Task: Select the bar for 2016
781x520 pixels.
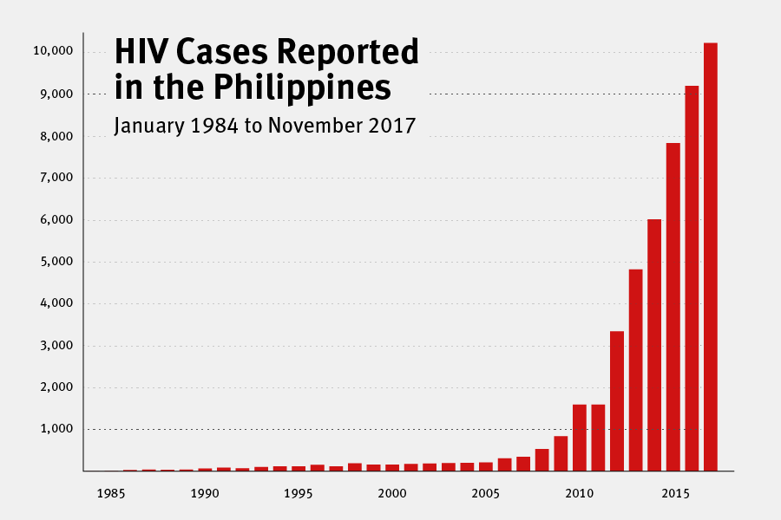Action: (x=692, y=278)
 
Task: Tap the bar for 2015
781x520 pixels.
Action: (x=673, y=307)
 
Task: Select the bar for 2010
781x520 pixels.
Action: (x=580, y=438)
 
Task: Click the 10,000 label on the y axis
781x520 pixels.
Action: (x=55, y=52)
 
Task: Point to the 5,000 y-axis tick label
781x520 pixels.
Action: (x=57, y=262)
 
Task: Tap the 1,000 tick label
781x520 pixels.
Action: (x=57, y=430)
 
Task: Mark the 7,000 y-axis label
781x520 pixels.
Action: (x=57, y=178)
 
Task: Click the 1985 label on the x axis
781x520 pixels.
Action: (x=110, y=494)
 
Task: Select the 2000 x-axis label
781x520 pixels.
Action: (x=391, y=494)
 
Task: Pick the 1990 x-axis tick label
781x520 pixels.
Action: (x=204, y=494)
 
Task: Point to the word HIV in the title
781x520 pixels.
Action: (x=142, y=54)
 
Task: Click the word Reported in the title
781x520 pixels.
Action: (x=347, y=54)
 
